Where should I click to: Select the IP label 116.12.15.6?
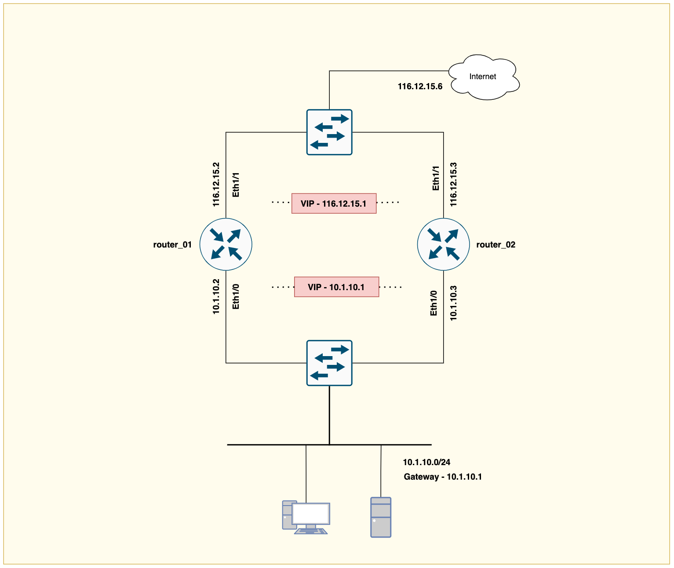(x=420, y=87)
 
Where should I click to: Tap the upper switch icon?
(x=329, y=132)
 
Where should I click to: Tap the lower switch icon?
(x=329, y=363)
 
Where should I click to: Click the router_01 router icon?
(x=226, y=244)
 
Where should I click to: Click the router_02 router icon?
(x=443, y=244)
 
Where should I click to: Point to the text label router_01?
(x=172, y=245)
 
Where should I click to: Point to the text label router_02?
(x=495, y=245)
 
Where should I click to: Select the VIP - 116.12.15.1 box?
(x=334, y=204)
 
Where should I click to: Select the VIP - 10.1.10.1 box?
(x=336, y=287)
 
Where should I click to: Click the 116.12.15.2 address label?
(x=216, y=185)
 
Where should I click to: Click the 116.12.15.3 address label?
(x=453, y=185)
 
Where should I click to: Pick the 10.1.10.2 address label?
(x=216, y=296)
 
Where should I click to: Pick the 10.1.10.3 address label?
(x=453, y=303)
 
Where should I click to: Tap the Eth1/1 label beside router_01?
(x=236, y=185)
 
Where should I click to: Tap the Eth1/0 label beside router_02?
(x=434, y=303)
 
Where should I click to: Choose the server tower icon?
(x=381, y=517)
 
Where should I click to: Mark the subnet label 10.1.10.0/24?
(x=426, y=462)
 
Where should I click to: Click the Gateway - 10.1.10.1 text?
(x=443, y=477)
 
